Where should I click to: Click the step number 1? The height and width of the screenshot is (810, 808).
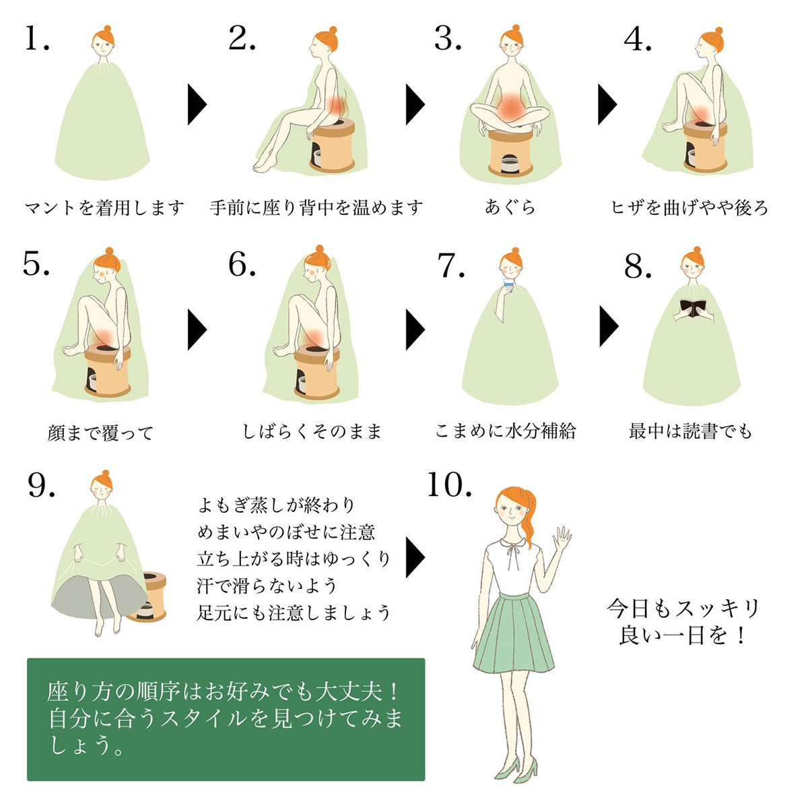(37, 38)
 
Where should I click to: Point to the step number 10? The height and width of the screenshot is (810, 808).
(449, 485)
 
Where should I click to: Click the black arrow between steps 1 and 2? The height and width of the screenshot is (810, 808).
(197, 104)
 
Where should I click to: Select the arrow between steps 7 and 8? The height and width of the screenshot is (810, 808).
(609, 326)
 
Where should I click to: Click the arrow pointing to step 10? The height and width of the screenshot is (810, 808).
(415, 557)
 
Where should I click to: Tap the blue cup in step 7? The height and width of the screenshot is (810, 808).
(508, 285)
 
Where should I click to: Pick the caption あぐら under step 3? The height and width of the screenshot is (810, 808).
(510, 208)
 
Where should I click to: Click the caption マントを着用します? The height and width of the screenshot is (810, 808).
(104, 208)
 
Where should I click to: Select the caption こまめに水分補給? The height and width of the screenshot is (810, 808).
(505, 431)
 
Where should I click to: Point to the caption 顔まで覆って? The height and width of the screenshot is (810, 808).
(100, 433)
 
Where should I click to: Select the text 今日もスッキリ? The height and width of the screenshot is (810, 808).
(683, 609)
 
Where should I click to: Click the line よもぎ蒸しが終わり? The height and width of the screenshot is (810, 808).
(277, 505)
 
